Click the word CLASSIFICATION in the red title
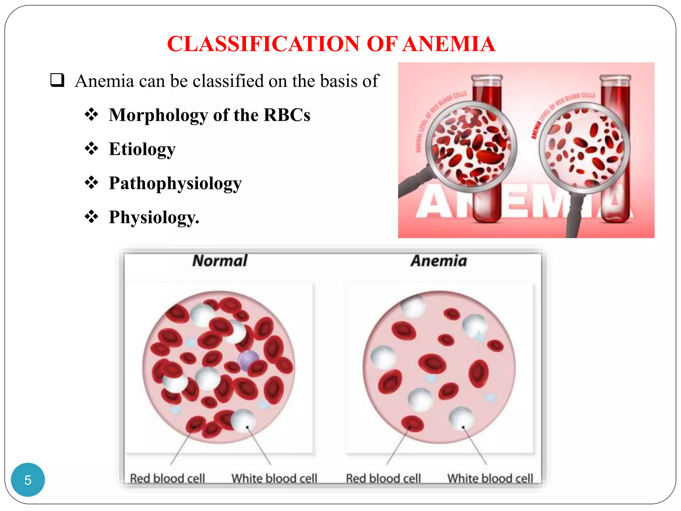pyautogui.click(x=263, y=44)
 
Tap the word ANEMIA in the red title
pyautogui.click(x=449, y=44)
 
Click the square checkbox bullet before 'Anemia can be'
pyautogui.click(x=57, y=80)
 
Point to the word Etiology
pyautogui.click(x=142, y=149)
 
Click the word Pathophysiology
pyautogui.click(x=175, y=183)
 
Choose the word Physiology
pyautogui.click(x=154, y=217)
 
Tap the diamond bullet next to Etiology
pyautogui.click(x=91, y=148)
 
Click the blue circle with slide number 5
pyautogui.click(x=28, y=479)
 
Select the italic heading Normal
pyautogui.click(x=220, y=260)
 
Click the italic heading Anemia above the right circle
pyautogui.click(x=439, y=260)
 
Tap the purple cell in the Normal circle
pyautogui.click(x=248, y=359)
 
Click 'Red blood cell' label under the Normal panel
pyautogui.click(x=167, y=478)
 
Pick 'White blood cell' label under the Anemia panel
pyautogui.click(x=490, y=478)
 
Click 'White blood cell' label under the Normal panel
pyautogui.click(x=274, y=478)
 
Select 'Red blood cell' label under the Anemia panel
pyautogui.click(x=383, y=478)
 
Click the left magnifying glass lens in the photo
pyautogui.click(x=471, y=146)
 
